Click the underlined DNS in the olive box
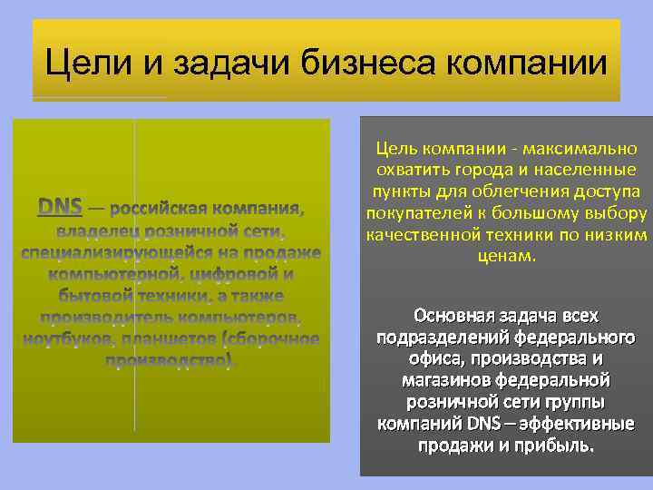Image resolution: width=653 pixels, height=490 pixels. (x=60, y=207)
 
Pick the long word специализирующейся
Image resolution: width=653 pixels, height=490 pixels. (x=121, y=252)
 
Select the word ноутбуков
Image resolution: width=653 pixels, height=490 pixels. (x=64, y=339)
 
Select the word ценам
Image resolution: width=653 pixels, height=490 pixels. (x=506, y=257)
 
